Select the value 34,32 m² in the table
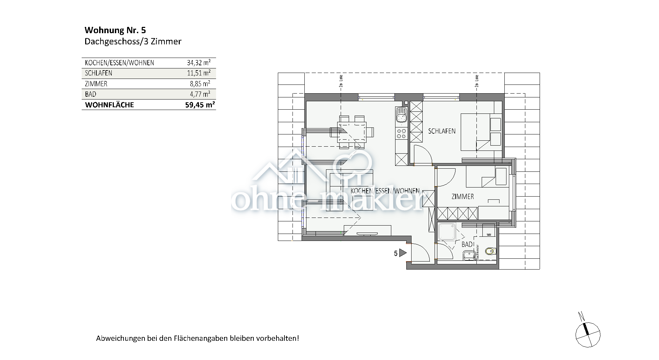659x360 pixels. [198, 63]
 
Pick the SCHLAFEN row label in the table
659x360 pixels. [98, 73]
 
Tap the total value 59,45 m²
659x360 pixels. [200, 105]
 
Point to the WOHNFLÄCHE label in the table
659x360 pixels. [109, 105]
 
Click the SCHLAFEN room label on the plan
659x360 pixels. [442, 131]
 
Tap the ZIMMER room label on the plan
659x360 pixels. [462, 197]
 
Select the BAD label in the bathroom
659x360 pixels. [467, 244]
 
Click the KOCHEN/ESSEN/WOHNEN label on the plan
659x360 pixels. [385, 191]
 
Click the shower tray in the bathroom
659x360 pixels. [447, 232]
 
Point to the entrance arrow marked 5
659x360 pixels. [402, 253]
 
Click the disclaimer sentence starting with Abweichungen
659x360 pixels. [197, 338]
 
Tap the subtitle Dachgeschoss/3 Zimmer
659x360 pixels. [133, 42]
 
